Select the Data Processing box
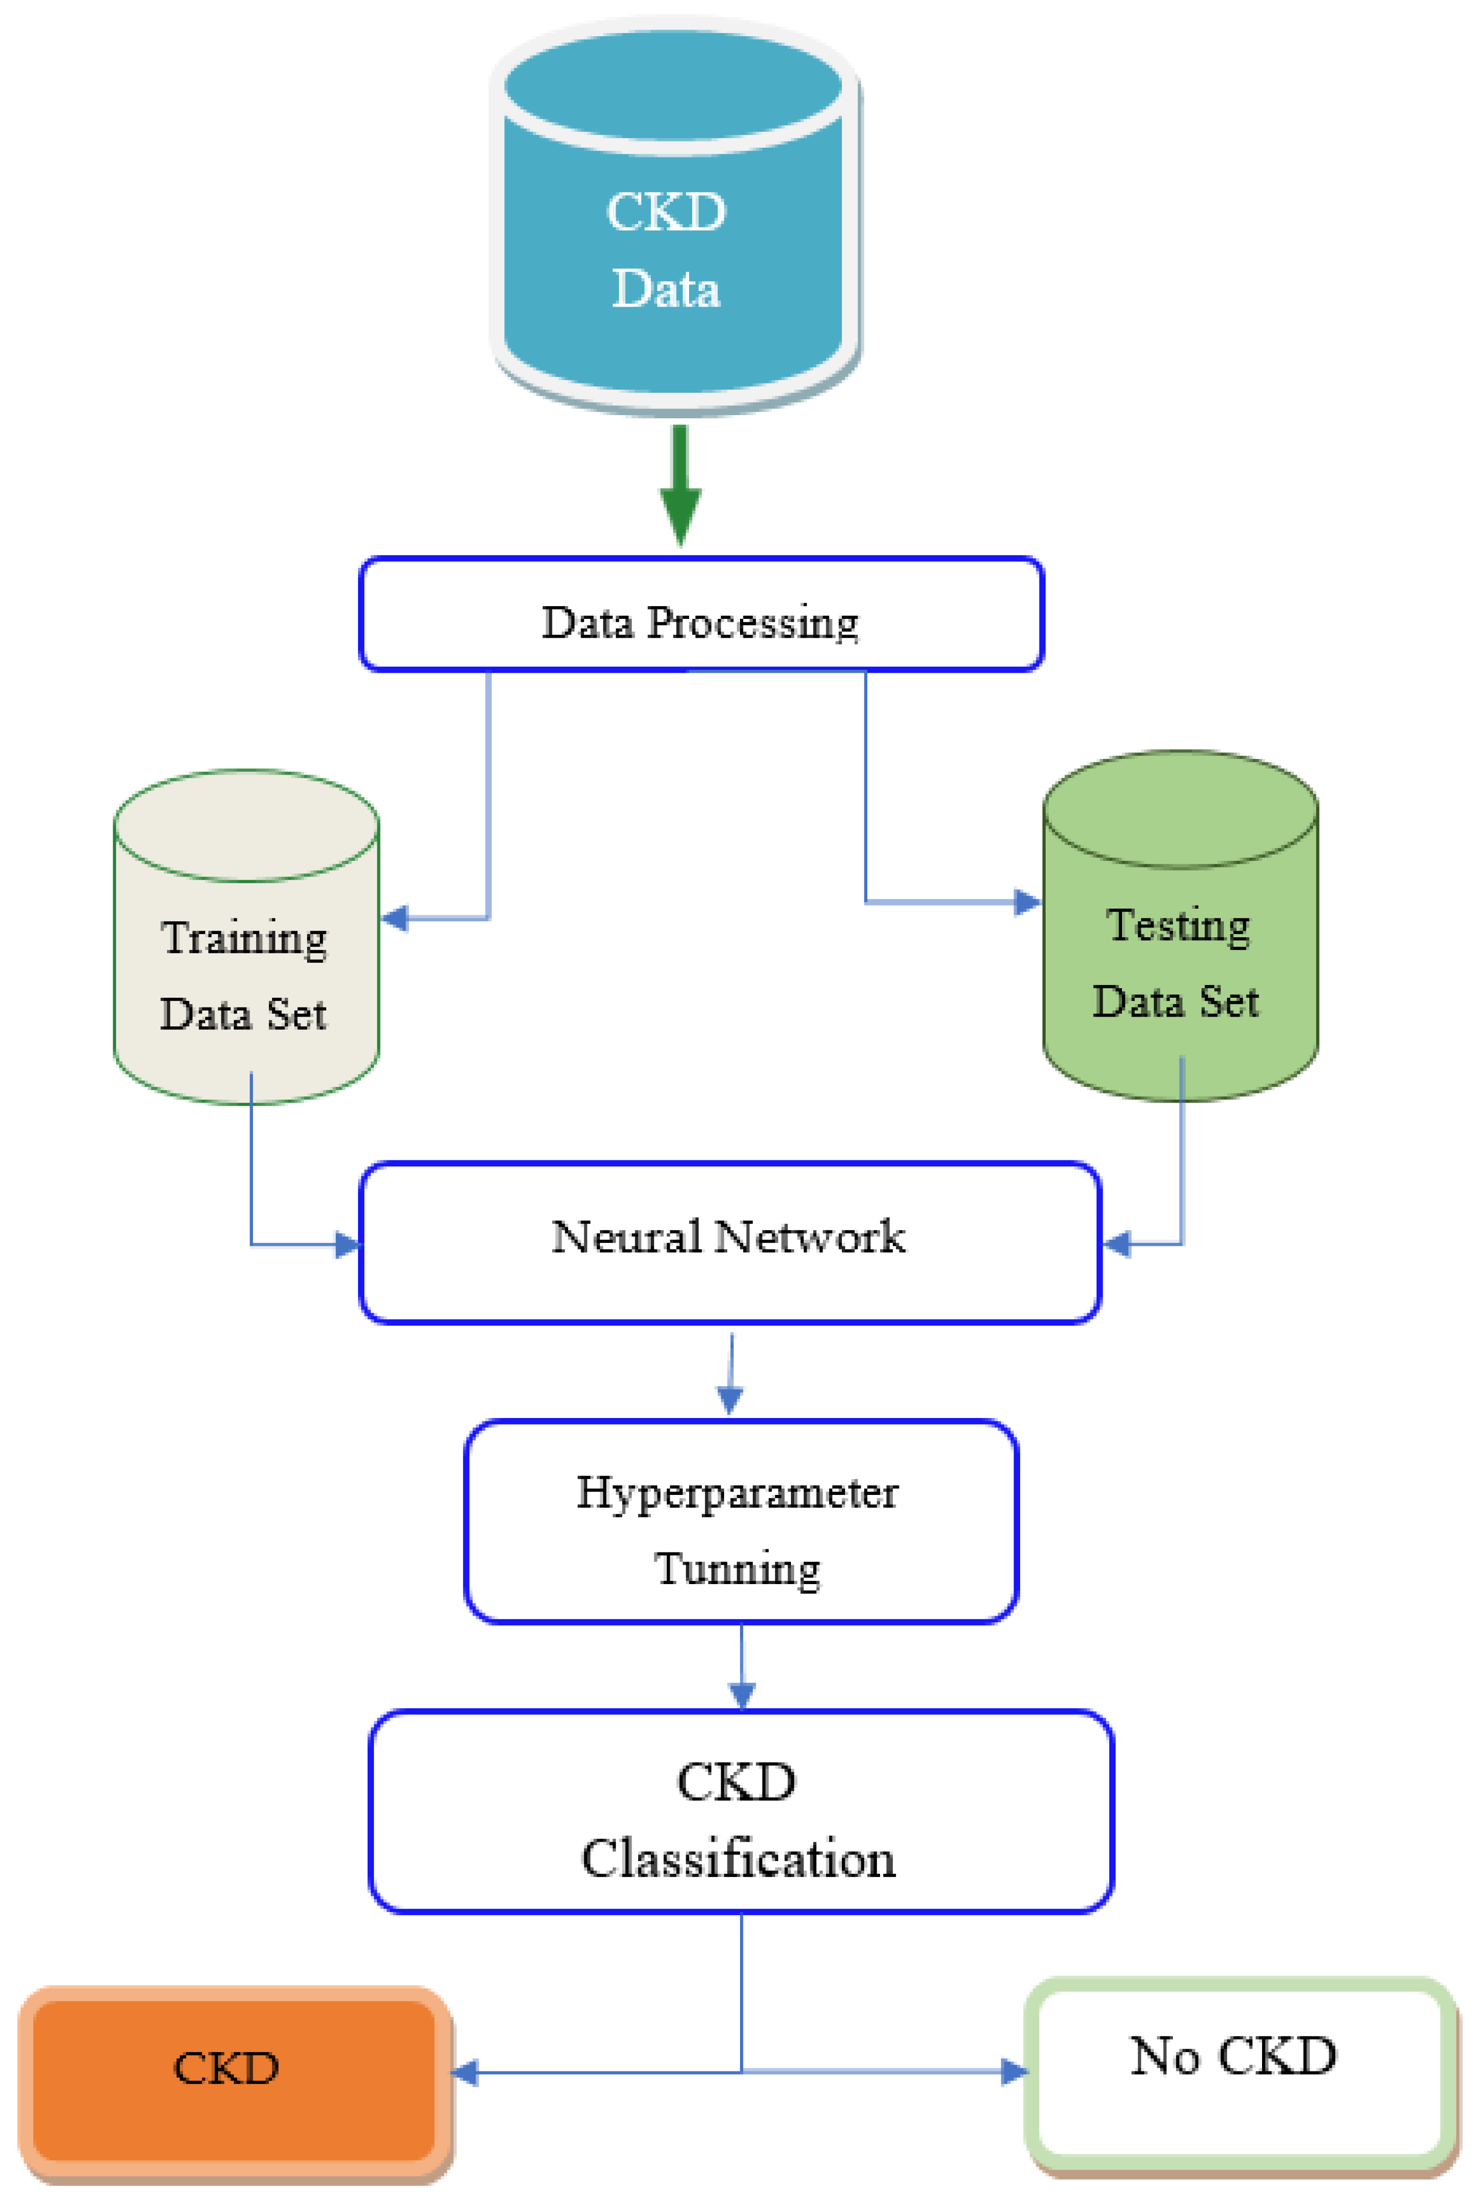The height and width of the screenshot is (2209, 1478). point(700,614)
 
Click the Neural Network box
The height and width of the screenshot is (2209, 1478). point(729,1242)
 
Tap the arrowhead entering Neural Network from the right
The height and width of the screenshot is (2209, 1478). point(1117,1244)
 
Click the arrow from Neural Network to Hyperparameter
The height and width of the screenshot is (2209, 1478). point(730,1376)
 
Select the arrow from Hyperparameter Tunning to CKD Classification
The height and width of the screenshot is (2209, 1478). point(742,1668)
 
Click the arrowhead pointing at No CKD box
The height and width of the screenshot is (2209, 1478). point(1014,2071)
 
